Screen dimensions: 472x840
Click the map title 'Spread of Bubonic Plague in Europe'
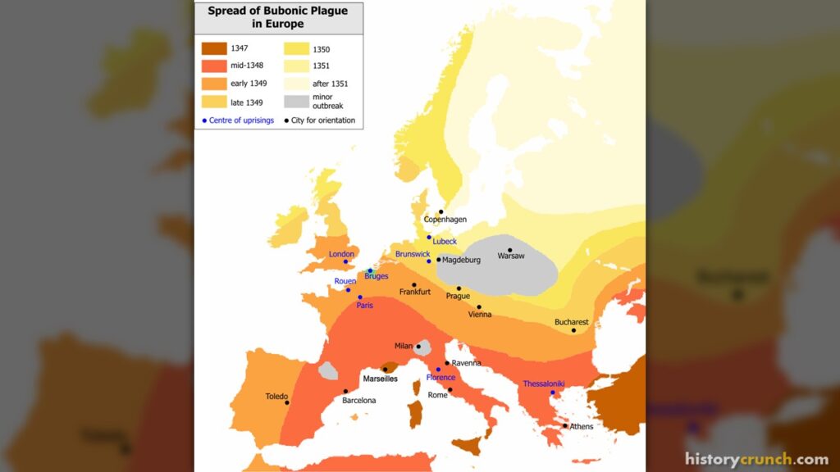(277, 17)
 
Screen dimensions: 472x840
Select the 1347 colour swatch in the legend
(213, 48)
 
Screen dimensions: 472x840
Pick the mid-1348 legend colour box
(213, 66)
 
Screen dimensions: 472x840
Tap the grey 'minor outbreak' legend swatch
(296, 102)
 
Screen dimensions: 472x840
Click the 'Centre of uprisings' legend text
(241, 120)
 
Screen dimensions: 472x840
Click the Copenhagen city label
(445, 220)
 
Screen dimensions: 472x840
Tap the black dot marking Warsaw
(510, 250)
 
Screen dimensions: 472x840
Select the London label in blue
(341, 254)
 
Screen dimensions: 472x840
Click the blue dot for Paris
(360, 297)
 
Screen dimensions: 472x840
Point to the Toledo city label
(276, 396)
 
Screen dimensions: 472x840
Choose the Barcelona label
(358, 401)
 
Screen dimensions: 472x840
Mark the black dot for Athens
(565, 425)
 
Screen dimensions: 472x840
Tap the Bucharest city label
(571, 322)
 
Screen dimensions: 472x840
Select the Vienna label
(479, 315)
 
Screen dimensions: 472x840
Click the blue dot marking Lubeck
(429, 237)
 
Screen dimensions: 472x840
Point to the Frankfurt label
(415, 293)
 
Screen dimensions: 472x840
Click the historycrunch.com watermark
(756, 459)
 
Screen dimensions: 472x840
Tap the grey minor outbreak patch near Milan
(424, 348)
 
